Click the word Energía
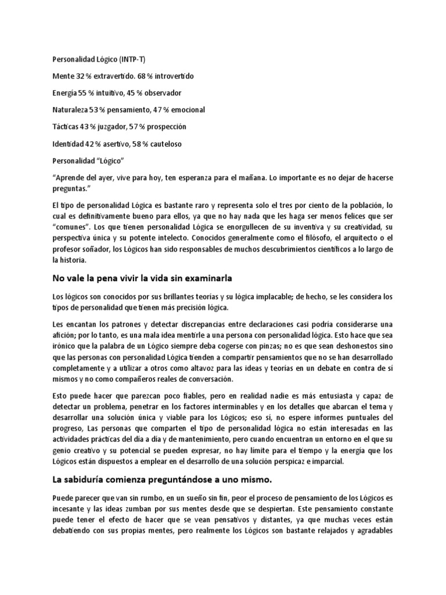[64, 93]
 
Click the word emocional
[185, 110]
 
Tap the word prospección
[163, 127]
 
